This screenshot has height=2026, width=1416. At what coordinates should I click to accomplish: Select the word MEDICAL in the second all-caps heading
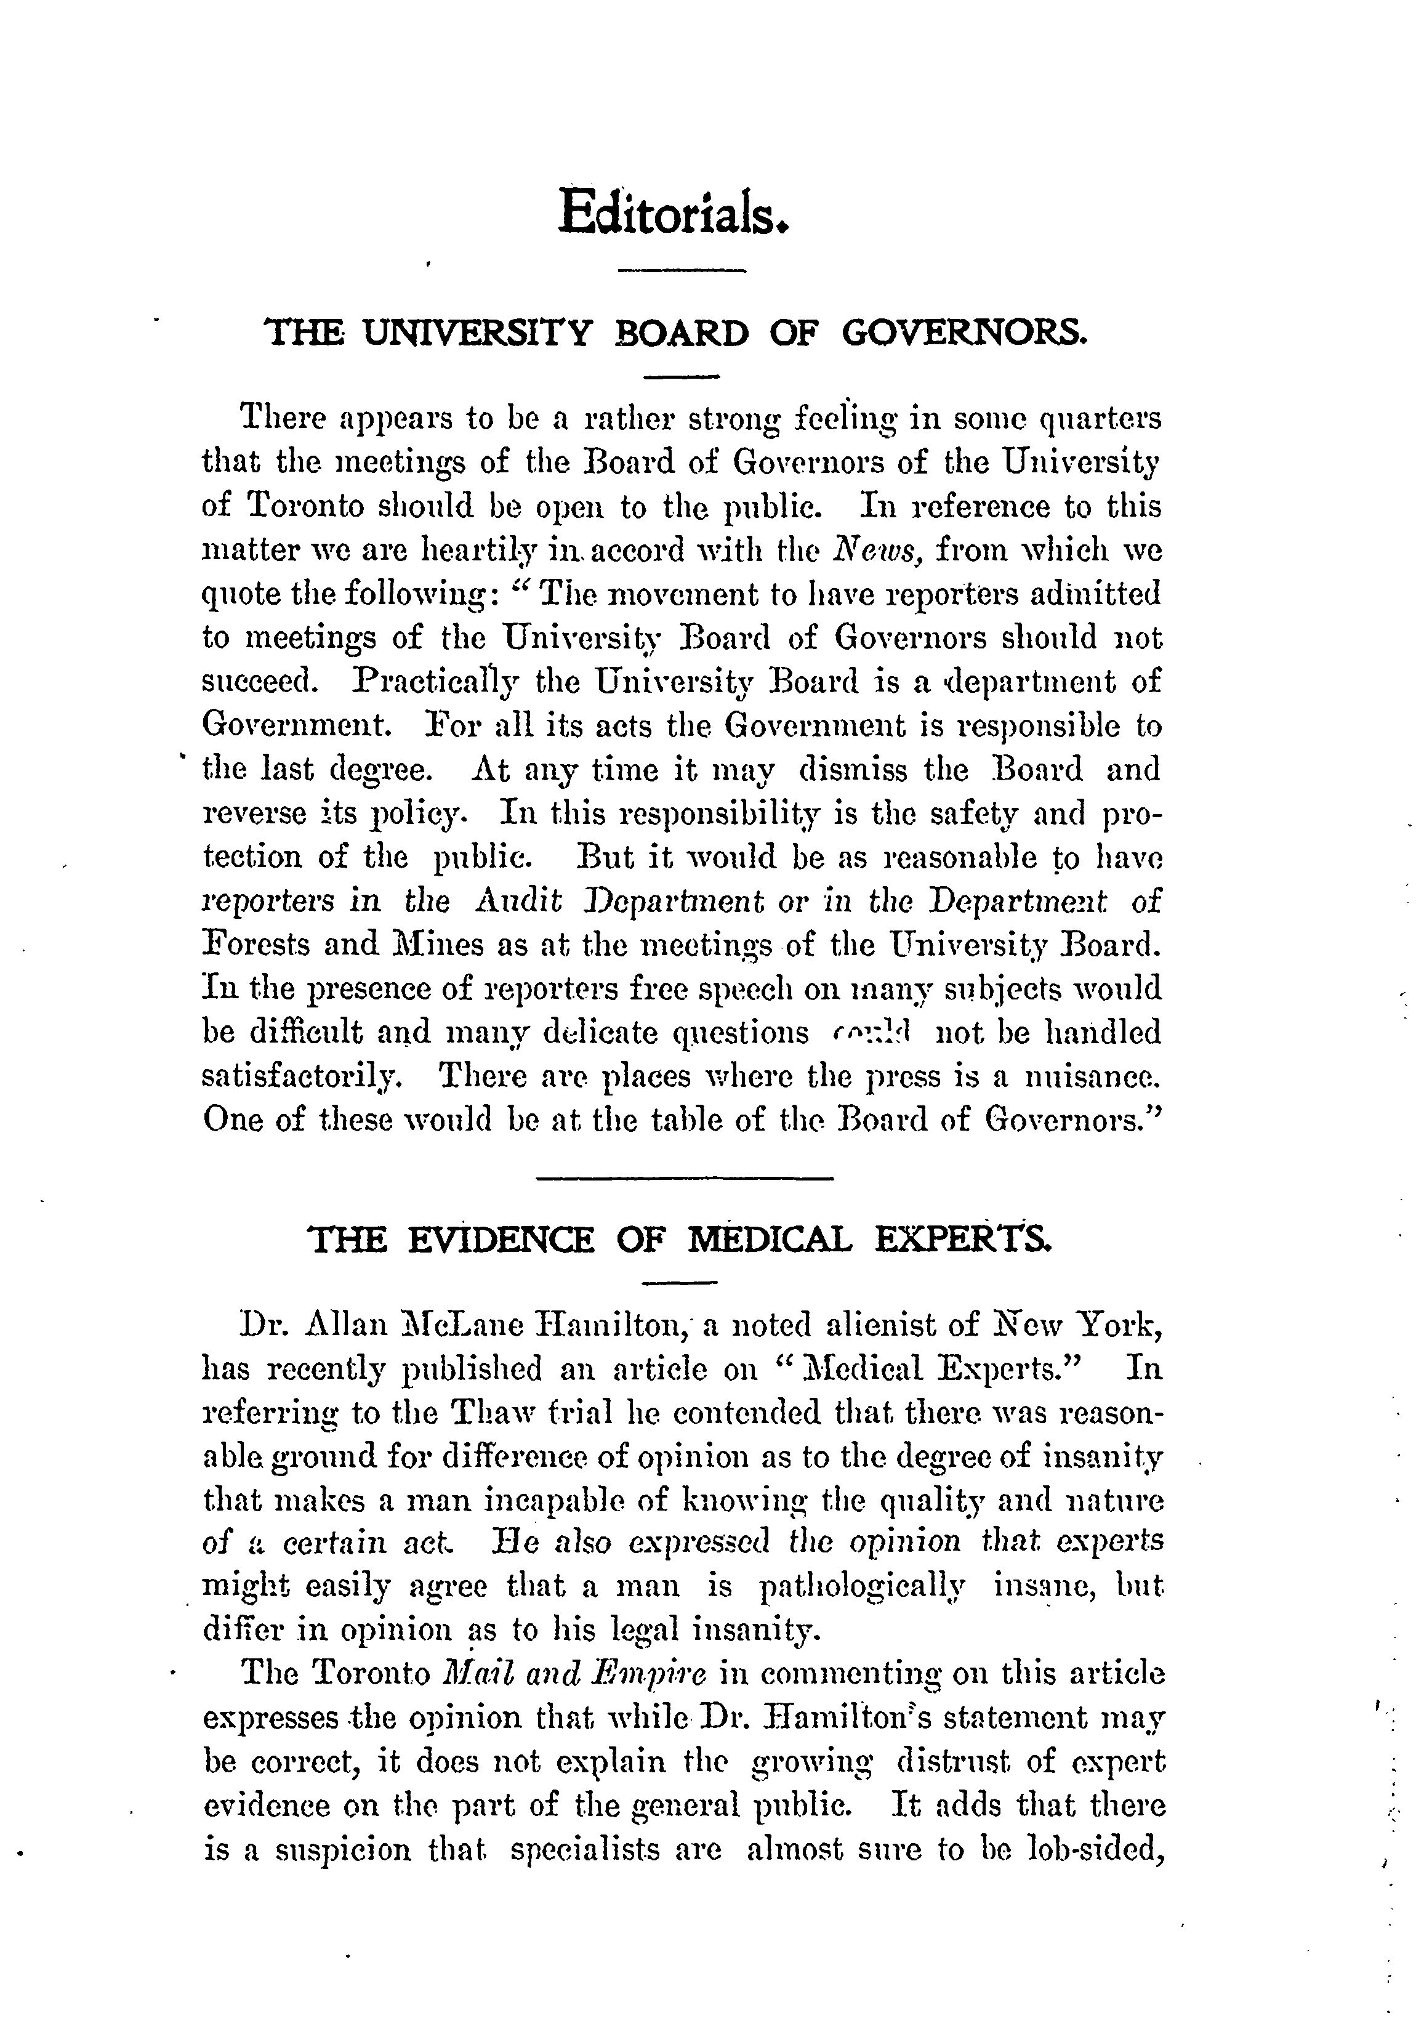pyautogui.click(x=770, y=1240)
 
